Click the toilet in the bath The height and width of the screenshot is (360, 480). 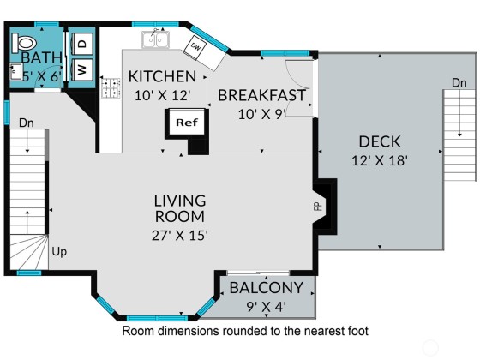click(x=23, y=42)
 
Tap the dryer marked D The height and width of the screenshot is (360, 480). click(x=81, y=44)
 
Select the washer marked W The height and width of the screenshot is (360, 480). click(x=81, y=69)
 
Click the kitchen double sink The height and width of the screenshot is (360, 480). click(x=155, y=39)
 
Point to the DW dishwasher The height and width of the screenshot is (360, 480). click(x=195, y=47)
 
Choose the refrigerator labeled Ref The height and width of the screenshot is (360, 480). click(x=187, y=123)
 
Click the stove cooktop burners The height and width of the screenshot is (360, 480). click(x=111, y=87)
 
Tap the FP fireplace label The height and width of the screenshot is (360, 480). click(x=318, y=207)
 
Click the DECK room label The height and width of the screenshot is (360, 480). click(x=380, y=141)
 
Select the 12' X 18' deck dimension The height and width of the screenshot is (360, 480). click(x=380, y=160)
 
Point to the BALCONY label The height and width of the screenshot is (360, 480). click(x=267, y=288)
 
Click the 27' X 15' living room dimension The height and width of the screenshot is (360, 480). click(x=180, y=236)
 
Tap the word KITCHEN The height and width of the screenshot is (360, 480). click(x=162, y=76)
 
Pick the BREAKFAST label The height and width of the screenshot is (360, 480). click(x=261, y=95)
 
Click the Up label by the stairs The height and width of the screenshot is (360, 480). click(x=59, y=252)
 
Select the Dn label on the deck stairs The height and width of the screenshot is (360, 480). click(x=459, y=82)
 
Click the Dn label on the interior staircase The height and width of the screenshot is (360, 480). click(x=27, y=123)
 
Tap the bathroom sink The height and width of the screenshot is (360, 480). click(x=15, y=72)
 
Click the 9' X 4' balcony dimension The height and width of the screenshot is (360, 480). click(x=267, y=306)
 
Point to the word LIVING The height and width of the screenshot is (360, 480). click(x=180, y=201)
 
